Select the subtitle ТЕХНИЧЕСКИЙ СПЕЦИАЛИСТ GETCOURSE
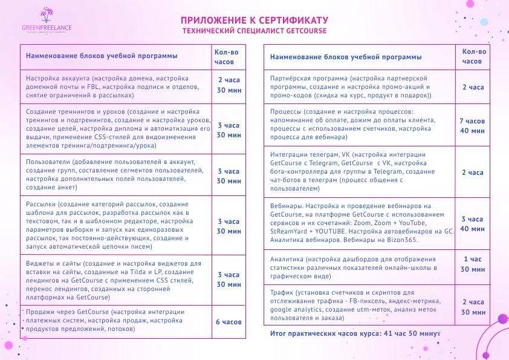coord(254,30)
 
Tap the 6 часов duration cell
coord(229,321)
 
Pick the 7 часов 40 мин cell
coord(472,125)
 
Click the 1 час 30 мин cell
coord(472,264)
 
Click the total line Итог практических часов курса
coord(355,333)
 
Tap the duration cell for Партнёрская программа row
coord(472,87)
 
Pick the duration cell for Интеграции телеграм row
coord(472,172)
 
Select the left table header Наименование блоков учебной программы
coord(102,56)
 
